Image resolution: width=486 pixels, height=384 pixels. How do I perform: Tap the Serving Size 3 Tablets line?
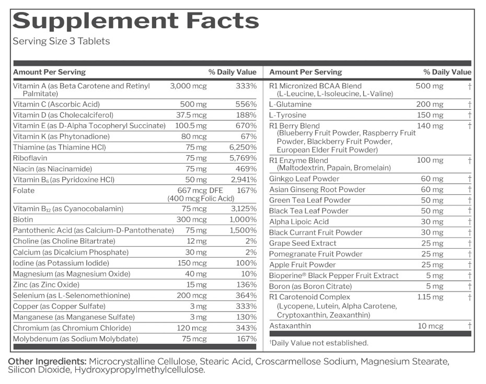tap(61, 41)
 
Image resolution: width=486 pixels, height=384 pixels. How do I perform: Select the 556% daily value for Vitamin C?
tap(246, 104)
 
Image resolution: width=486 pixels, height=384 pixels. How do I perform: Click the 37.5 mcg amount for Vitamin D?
tap(191, 115)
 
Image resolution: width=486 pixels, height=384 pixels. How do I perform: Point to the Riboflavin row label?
tap(30, 158)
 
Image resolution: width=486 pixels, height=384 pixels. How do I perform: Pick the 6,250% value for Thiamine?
tap(243, 147)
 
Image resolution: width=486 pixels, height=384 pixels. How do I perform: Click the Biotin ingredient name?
tap(23, 219)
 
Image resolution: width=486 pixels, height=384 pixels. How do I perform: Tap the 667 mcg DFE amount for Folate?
tap(200, 190)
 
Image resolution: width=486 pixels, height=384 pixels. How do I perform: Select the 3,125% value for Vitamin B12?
tap(244, 208)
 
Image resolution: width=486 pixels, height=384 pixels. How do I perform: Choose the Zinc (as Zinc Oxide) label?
tap(46, 285)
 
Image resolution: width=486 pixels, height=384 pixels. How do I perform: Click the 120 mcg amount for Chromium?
tap(192, 328)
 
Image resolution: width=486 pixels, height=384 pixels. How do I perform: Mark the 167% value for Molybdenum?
tap(247, 339)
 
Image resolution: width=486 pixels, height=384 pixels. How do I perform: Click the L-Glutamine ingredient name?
tap(291, 104)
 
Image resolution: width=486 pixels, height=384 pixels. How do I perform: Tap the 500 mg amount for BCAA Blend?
tap(430, 86)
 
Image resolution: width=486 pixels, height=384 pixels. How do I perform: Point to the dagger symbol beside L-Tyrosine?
tap(470, 115)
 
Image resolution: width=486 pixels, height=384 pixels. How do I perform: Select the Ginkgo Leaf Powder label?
tap(304, 179)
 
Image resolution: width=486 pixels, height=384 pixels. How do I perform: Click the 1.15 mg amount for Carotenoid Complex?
tap(430, 297)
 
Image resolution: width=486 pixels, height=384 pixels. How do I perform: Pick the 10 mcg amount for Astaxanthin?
tap(431, 325)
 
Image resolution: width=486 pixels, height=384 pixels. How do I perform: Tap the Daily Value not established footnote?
tap(319, 343)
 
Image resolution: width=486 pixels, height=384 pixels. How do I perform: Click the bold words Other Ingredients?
tap(47, 362)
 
